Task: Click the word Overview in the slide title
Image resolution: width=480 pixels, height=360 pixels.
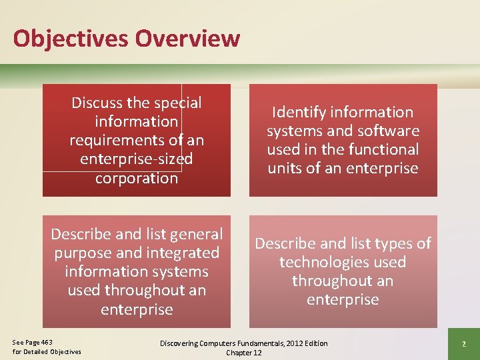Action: point(187,38)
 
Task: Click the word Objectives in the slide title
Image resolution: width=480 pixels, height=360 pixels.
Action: point(71,38)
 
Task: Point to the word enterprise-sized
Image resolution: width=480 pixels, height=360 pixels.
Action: point(137,159)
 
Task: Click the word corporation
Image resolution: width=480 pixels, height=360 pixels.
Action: point(137,178)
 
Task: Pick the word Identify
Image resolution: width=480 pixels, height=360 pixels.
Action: point(301,112)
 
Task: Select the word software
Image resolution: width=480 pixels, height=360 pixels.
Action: point(388,131)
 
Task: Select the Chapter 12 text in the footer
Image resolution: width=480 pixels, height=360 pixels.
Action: point(244,353)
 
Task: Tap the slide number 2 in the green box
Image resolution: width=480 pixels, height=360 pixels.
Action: point(463,343)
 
